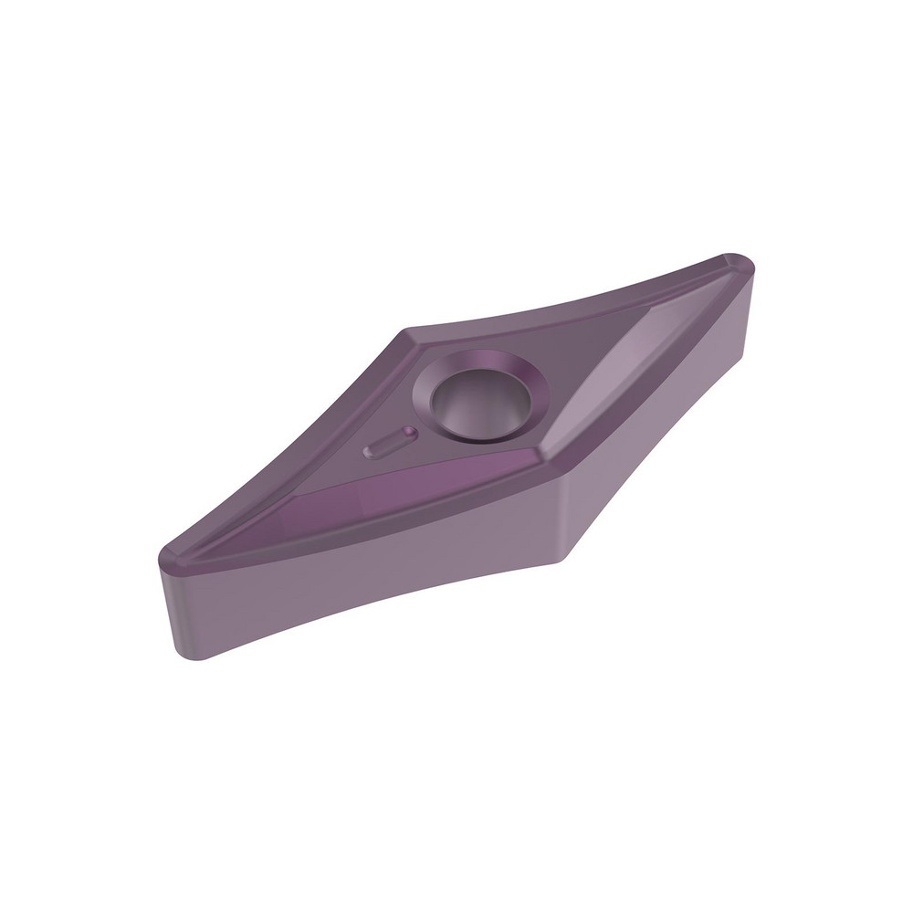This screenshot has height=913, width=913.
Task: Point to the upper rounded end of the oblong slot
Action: [x=410, y=431]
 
